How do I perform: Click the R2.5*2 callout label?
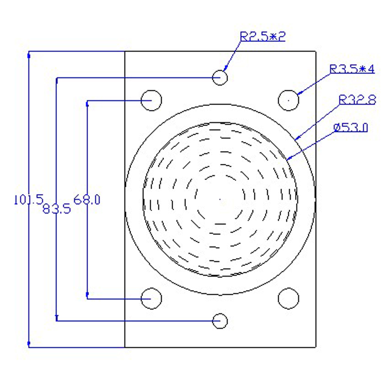262,36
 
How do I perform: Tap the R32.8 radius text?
357,100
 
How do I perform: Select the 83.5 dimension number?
57,209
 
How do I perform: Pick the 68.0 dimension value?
87,199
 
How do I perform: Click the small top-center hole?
220,77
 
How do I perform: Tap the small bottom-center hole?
220,320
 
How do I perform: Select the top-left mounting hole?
151,100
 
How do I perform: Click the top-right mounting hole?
288,100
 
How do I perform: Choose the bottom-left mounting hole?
151,298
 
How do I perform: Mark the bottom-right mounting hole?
288,298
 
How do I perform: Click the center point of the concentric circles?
220,198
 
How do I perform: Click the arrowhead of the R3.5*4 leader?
299,93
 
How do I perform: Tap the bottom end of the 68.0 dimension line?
87,297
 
